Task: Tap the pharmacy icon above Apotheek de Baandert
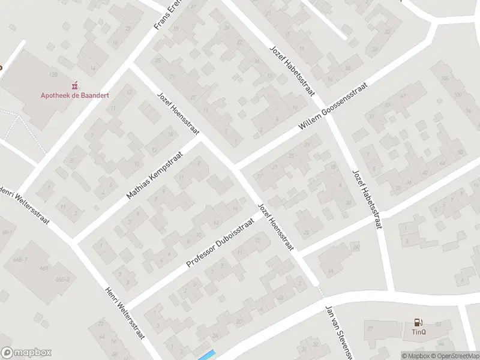pos(75,85)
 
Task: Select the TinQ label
pos(418,332)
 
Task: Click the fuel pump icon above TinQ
pos(418,323)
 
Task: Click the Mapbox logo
pos(26,353)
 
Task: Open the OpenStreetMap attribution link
pos(458,356)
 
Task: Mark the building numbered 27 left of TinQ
pos(370,328)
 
